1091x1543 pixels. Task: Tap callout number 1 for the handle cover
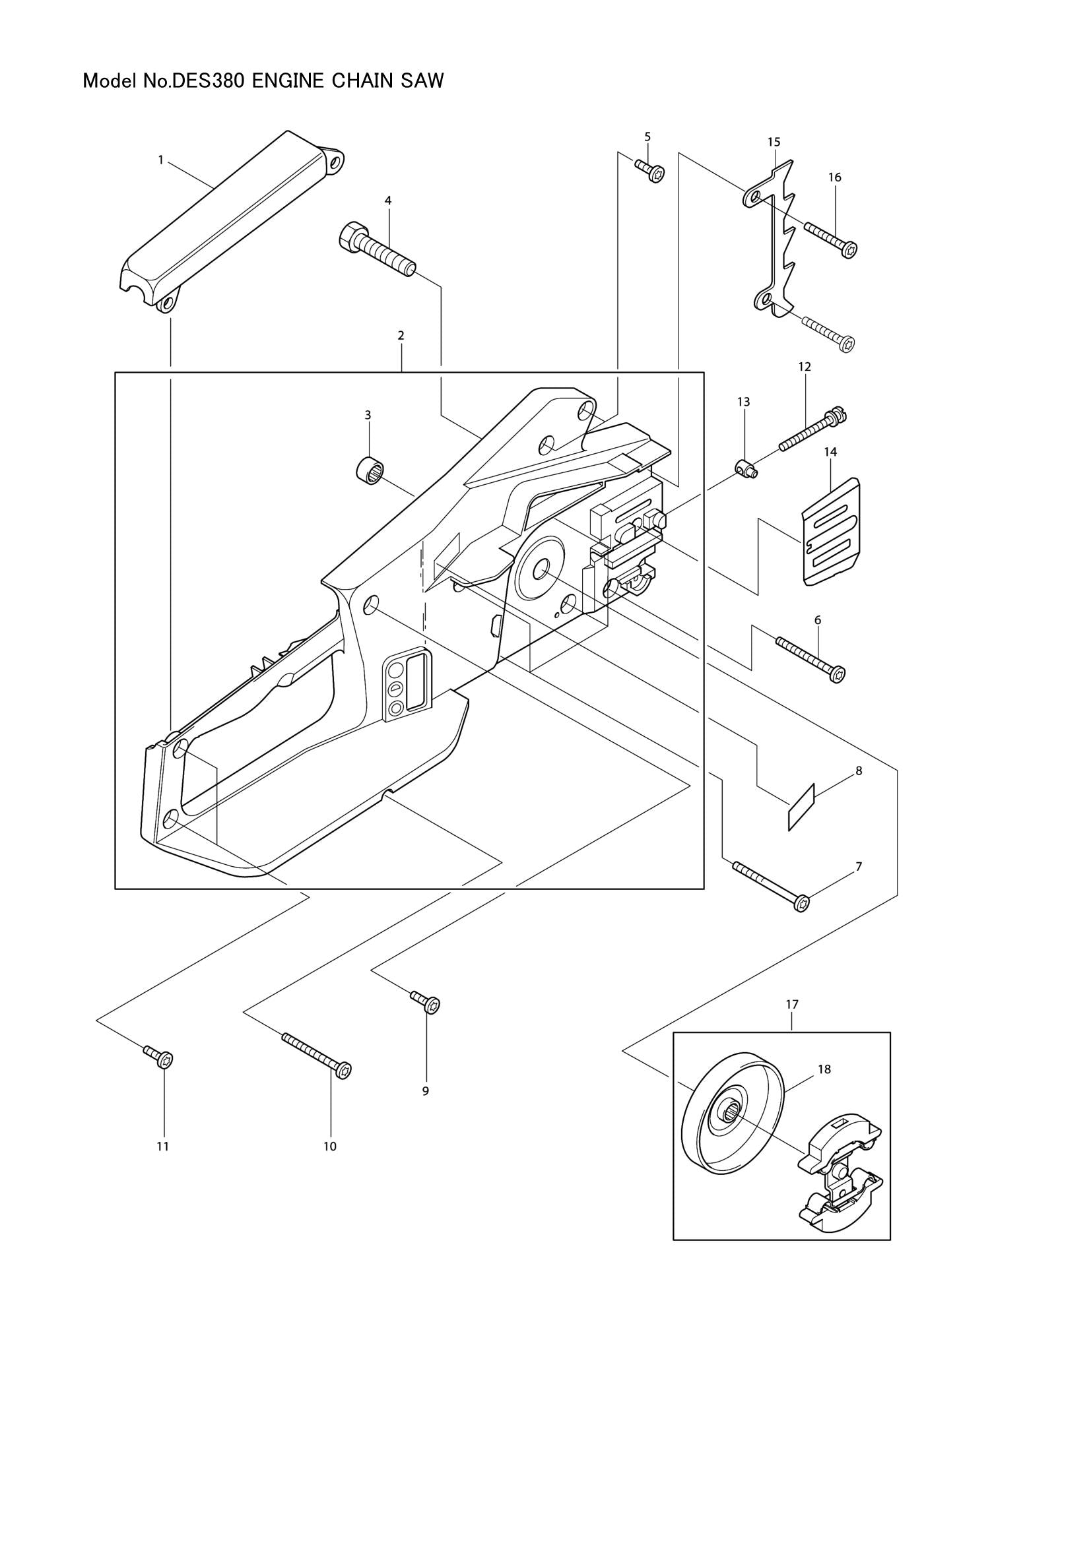160,160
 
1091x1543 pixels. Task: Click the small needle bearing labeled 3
369,467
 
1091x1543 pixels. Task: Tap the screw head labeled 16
849,250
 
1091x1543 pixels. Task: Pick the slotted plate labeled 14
832,532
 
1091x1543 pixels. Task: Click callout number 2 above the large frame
401,335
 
